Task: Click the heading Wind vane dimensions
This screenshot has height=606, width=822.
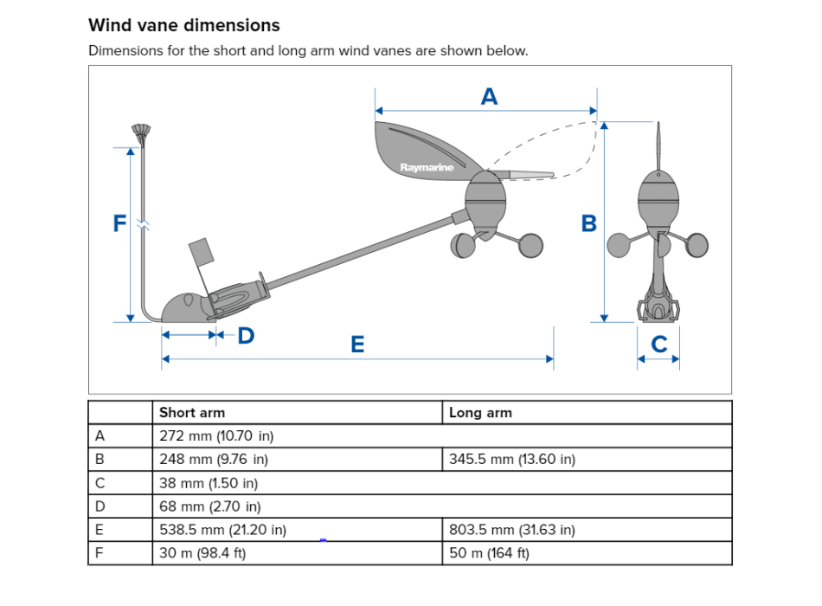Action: pos(184,25)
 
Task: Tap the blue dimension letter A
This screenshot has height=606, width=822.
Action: pos(489,97)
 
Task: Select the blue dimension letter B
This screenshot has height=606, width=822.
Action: pos(589,223)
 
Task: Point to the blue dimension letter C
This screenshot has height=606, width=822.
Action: pos(658,345)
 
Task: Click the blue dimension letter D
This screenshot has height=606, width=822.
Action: pos(246,335)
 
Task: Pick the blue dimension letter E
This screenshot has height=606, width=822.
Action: pos(357,345)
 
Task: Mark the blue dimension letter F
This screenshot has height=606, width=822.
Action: pos(119,223)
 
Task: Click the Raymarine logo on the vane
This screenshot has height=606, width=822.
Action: pos(427,167)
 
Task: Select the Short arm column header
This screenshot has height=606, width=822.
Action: pos(192,413)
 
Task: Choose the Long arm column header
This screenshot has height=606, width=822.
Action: pos(480,413)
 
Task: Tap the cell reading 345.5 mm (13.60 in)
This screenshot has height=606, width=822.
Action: pos(512,460)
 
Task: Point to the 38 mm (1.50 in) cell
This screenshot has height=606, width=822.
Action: pos(209,483)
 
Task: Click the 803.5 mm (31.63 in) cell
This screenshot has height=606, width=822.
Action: pos(512,530)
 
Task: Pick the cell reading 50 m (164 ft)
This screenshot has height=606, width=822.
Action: pos(490,553)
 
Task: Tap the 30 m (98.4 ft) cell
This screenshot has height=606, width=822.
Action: pos(203,553)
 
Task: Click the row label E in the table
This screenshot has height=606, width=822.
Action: pos(100,530)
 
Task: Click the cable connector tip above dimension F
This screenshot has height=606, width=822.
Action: pos(142,132)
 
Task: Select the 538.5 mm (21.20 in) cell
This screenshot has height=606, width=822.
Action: pos(223,530)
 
